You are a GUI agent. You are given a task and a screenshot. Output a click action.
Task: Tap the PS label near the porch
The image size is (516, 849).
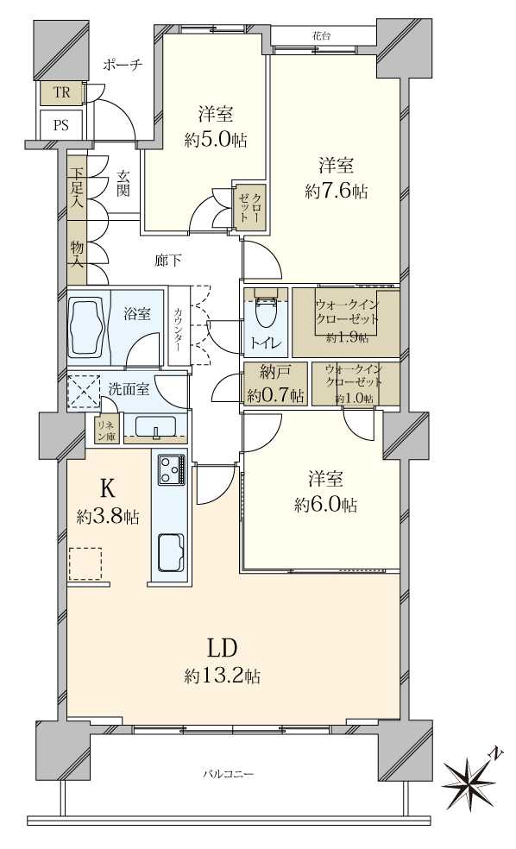(x=60, y=124)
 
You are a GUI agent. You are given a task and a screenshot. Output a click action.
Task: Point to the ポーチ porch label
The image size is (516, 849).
(x=121, y=65)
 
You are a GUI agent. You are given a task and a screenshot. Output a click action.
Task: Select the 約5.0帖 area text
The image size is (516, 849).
(x=208, y=140)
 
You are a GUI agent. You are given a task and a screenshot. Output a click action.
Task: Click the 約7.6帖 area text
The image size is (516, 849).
(x=336, y=192)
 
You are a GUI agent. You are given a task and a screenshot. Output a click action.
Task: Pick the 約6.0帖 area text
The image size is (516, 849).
(x=325, y=505)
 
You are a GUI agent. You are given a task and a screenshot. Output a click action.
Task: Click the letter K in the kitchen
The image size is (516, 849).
(x=107, y=489)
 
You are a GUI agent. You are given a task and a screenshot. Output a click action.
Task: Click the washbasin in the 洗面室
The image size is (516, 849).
(x=156, y=428)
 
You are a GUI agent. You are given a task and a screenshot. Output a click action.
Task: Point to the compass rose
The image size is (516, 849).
(x=470, y=780)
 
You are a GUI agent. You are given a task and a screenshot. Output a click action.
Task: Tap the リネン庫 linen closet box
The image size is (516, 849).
(x=106, y=430)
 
